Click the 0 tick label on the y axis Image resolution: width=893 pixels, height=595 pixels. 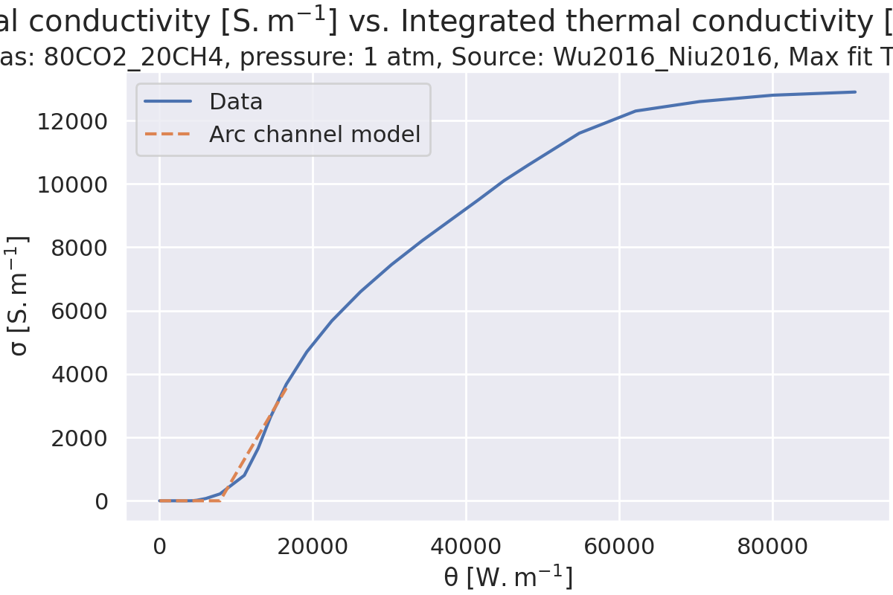coord(101,501)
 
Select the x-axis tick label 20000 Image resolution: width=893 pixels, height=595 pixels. coord(312,547)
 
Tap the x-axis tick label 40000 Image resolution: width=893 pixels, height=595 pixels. coord(465,547)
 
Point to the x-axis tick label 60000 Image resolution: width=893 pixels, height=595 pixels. coord(618,547)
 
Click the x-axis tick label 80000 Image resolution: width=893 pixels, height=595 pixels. coord(772,547)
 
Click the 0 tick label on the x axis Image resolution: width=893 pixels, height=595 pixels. coord(159,547)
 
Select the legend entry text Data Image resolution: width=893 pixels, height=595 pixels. coord(236,102)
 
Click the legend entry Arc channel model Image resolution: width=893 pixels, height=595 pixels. coord(314,135)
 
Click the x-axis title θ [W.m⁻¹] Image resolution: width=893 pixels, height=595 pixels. coord(508,577)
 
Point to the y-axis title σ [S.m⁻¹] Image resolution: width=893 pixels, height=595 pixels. coord(19,295)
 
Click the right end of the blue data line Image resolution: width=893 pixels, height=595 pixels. coord(855,92)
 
